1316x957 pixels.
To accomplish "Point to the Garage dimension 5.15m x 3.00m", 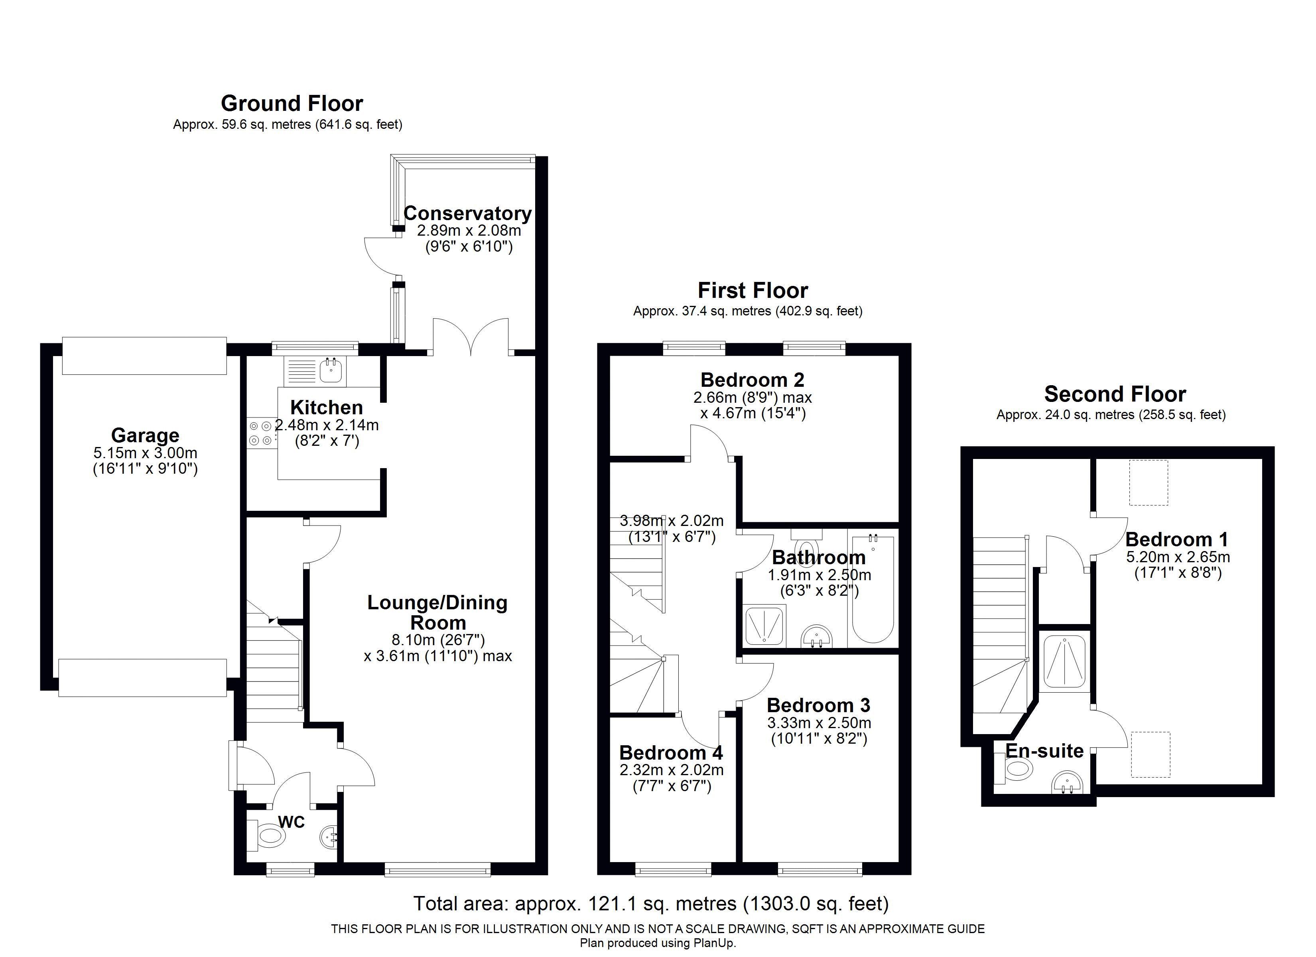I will (x=145, y=453).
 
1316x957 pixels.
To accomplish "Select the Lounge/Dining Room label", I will (x=437, y=612).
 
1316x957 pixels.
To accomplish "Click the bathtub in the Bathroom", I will (x=872, y=589).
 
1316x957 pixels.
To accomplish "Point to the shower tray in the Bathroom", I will (x=764, y=626).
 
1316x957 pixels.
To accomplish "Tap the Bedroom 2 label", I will (x=752, y=380).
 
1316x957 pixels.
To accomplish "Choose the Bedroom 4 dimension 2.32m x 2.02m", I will (x=671, y=770).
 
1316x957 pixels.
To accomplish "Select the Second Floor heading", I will (x=1115, y=395).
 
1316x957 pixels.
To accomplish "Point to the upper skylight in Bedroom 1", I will (x=1148, y=482).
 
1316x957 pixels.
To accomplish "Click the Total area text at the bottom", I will (x=650, y=904).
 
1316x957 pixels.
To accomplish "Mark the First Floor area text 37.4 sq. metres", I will (x=747, y=311).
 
